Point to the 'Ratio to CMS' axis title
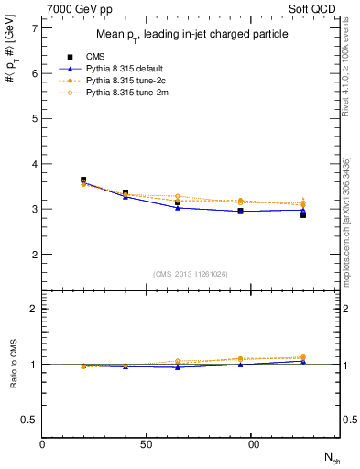[13, 364]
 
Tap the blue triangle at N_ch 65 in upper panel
[178, 208]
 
